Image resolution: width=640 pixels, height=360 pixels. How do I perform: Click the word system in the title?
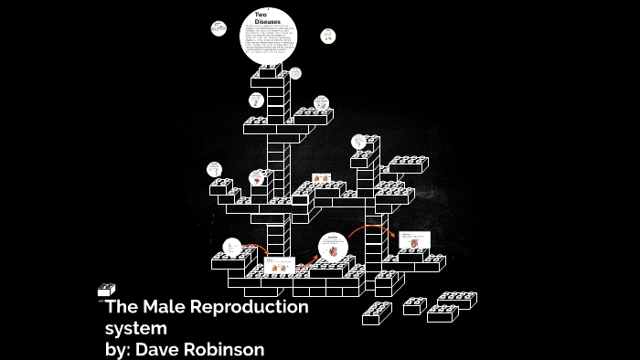pyautogui.click(x=136, y=328)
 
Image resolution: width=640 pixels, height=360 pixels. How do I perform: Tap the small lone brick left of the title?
pyautogui.click(x=106, y=290)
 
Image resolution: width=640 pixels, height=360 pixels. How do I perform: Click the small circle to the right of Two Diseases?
pyautogui.click(x=327, y=36)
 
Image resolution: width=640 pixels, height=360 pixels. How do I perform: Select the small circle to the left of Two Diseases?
pyautogui.click(x=219, y=28)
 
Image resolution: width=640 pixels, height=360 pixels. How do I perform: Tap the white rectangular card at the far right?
pyautogui.click(x=413, y=239)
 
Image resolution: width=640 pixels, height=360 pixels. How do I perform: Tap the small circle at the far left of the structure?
pyautogui.click(x=214, y=168)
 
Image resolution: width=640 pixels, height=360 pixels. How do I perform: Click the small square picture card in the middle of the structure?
pyautogui.click(x=322, y=178)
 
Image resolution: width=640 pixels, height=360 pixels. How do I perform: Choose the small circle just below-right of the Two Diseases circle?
pyautogui.click(x=295, y=73)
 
